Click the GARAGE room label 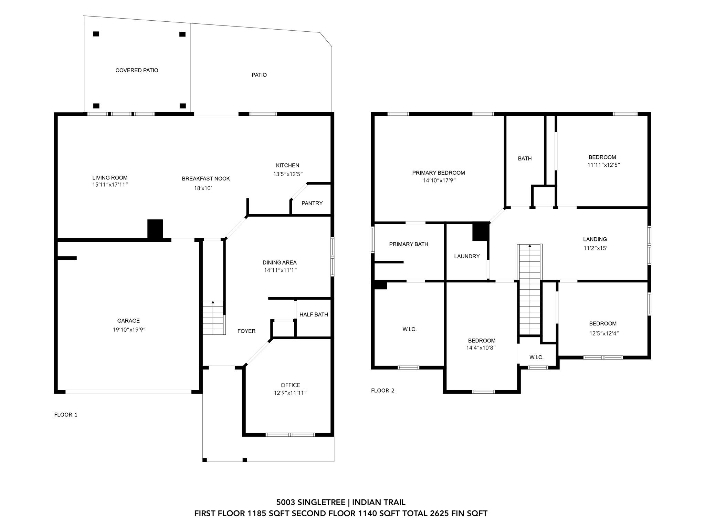click(128, 321)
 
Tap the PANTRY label click(312, 203)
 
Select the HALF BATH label click(314, 314)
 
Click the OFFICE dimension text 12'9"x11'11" click(290, 393)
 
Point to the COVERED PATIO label click(137, 70)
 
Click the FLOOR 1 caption click(66, 415)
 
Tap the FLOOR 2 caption click(383, 391)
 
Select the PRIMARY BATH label click(409, 244)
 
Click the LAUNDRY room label click(467, 256)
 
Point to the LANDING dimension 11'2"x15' click(595, 248)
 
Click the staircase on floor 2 click(530, 289)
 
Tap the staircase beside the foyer click(213, 318)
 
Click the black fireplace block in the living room click(155, 229)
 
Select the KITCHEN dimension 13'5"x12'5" click(288, 174)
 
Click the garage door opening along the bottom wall click(128, 392)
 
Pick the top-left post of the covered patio click(96, 34)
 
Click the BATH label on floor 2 click(525, 158)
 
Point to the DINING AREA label click(280, 262)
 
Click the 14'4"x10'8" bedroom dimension click(481, 348)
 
